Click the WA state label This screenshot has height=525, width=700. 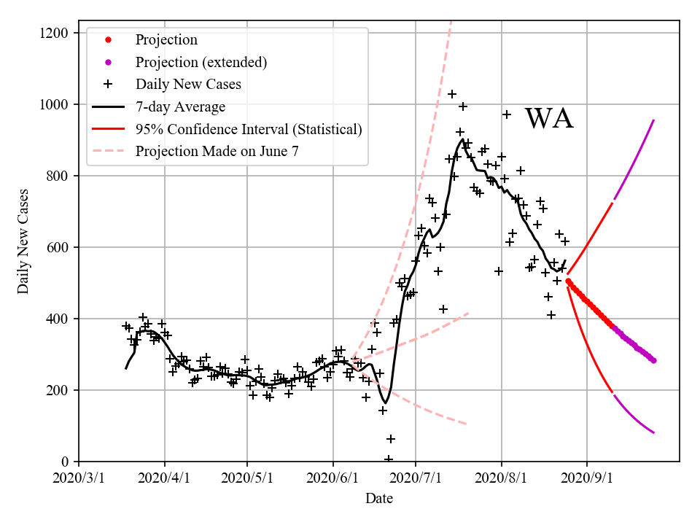(549, 119)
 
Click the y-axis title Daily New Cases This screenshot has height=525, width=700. (23, 241)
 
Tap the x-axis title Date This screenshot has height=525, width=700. (379, 499)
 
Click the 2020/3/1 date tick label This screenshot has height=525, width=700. (79, 479)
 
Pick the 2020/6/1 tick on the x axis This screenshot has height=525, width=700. (333, 479)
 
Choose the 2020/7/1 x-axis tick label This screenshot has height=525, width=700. (416, 479)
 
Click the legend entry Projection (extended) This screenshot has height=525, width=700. (201, 62)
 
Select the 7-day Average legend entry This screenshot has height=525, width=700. (180, 106)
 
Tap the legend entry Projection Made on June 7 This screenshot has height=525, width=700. (217, 151)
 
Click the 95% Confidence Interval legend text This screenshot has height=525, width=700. (248, 129)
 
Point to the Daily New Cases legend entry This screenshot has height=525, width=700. (187, 84)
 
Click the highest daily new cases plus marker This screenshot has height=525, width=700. (452, 94)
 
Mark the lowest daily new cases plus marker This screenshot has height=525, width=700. (389, 459)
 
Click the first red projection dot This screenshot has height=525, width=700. (568, 281)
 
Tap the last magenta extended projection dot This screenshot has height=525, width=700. (653, 360)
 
